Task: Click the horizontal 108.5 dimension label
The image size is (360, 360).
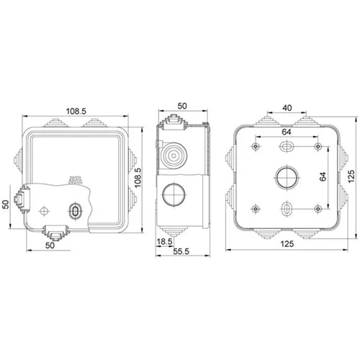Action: [76, 111]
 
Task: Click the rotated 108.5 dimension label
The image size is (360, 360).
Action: [138, 177]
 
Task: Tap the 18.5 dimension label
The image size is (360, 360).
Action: [164, 242]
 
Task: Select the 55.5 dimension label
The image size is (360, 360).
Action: [181, 251]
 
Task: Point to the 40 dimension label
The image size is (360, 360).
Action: [287, 108]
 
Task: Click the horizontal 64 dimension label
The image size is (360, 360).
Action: [287, 132]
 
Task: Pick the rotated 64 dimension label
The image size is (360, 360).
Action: [323, 176]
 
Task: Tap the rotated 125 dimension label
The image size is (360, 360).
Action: [351, 176]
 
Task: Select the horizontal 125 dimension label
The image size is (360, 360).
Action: [287, 244]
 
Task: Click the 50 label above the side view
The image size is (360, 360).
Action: [182, 106]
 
